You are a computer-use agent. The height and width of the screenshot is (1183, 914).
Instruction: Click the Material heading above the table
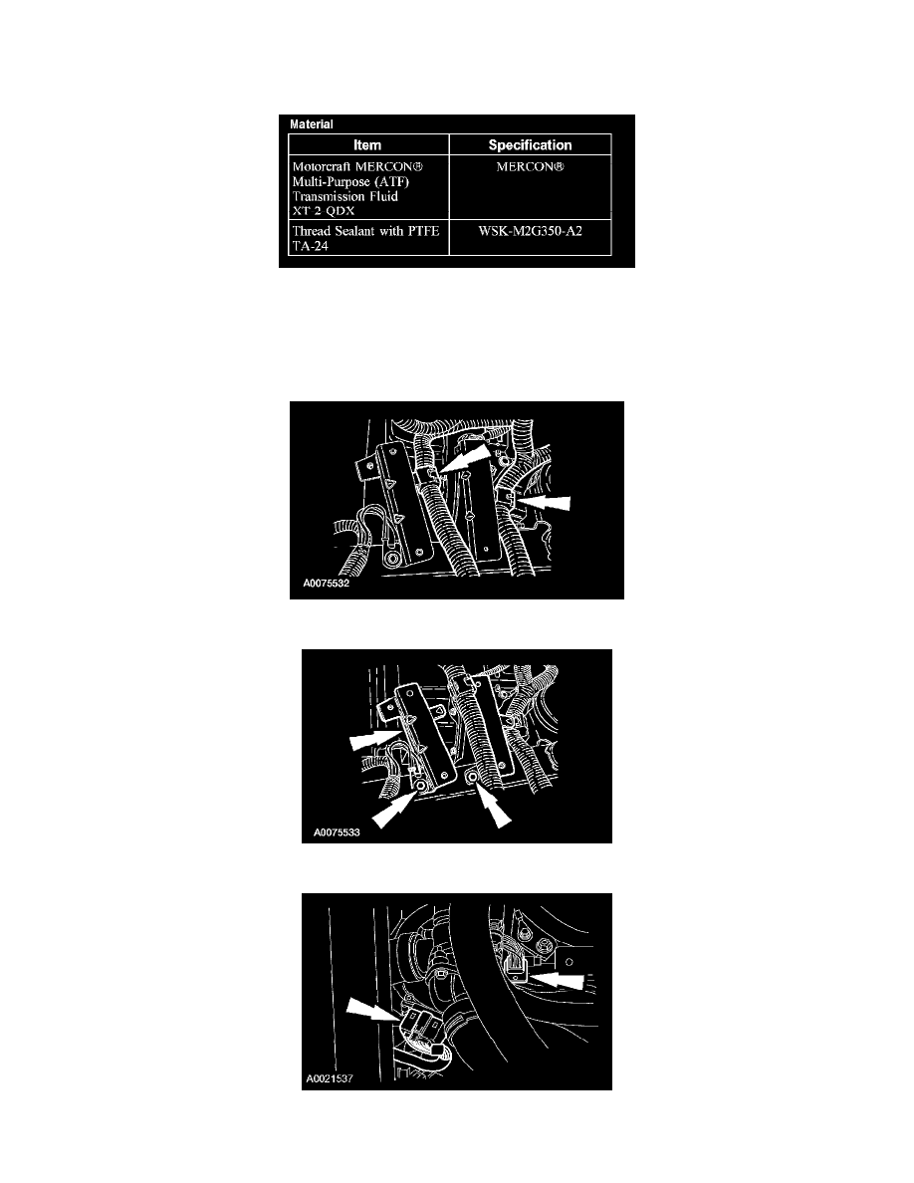point(312,124)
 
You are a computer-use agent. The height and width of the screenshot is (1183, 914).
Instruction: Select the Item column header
point(367,144)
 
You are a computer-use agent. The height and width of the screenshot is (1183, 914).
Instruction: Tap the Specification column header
point(530,144)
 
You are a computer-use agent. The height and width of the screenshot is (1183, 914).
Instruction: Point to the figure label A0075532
point(327,584)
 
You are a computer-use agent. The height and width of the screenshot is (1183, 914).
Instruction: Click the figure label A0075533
point(337,832)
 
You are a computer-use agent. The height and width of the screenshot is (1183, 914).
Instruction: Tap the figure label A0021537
point(330,1078)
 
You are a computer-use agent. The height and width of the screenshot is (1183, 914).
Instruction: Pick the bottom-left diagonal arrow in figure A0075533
point(393,810)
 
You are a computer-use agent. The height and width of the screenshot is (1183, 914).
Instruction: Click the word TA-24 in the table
point(310,246)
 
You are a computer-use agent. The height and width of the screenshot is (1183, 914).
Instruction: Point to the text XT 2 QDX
point(323,210)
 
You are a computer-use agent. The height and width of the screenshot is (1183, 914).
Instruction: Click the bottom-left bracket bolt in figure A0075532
point(391,559)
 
